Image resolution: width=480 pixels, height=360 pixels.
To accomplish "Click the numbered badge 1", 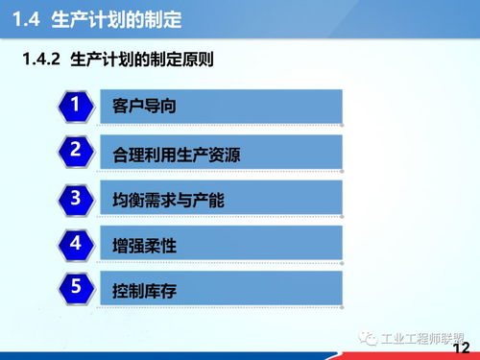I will (74, 105).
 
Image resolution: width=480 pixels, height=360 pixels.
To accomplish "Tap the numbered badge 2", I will (74, 151).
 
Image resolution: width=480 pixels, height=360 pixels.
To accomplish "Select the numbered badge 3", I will (74, 198).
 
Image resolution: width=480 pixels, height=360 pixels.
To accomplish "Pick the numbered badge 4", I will (74, 243).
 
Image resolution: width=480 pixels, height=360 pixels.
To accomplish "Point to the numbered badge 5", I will (74, 287).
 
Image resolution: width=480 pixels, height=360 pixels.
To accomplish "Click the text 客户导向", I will (144, 107).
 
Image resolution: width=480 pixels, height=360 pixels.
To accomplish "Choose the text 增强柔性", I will (144, 246).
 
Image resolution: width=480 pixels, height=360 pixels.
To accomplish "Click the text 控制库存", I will (144, 290).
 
